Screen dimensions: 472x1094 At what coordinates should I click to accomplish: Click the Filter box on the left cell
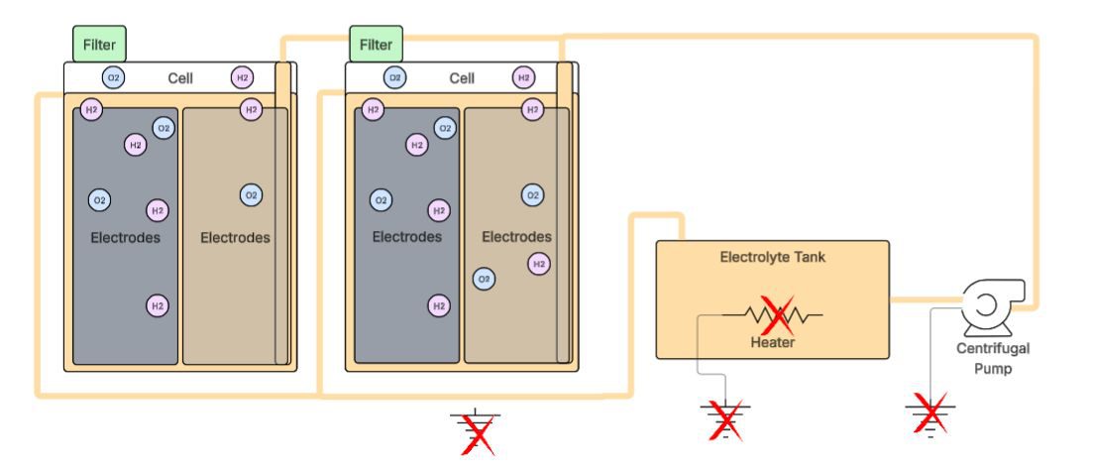pos(99,45)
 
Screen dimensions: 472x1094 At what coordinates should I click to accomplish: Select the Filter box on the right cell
pos(376,45)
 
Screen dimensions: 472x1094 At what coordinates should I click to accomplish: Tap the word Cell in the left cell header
pos(180,78)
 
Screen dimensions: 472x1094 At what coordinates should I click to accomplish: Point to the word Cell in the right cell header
pos(462,78)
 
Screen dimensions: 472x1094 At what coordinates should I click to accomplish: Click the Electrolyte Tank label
pos(772,257)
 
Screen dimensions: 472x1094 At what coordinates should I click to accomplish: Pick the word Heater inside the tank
pos(772,343)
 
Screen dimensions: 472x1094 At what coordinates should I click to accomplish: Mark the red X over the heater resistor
pos(776,315)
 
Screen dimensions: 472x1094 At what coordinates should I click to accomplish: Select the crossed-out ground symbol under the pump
pos(930,413)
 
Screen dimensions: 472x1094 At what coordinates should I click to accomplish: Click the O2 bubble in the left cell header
pos(114,77)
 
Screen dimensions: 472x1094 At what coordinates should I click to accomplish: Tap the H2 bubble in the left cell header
pos(242,77)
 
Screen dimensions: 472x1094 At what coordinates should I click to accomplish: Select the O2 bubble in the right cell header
pos(394,77)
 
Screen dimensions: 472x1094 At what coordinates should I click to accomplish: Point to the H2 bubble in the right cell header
pos(523,77)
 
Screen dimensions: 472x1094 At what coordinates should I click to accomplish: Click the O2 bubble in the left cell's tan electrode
pos(251,195)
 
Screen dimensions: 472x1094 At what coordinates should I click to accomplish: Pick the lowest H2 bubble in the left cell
pos(157,305)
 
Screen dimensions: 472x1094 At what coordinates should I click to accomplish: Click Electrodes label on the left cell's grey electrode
pos(125,238)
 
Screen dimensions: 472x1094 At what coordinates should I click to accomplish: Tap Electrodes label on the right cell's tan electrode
pos(516,238)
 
